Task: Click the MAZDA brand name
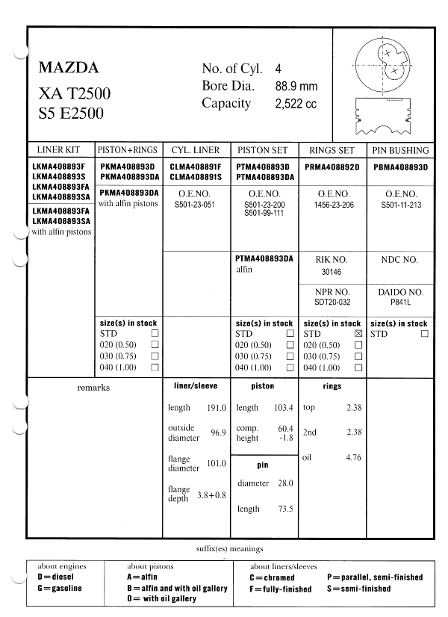[x=68, y=69]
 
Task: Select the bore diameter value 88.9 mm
[x=296, y=86]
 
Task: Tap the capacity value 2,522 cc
[x=296, y=104]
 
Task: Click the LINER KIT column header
[x=57, y=149]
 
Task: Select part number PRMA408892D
[x=332, y=167]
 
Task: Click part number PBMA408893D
[x=400, y=167]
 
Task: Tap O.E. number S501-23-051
[x=195, y=203]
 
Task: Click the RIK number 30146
[x=332, y=273]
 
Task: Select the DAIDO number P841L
[x=400, y=303]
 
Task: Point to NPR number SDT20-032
[x=332, y=303]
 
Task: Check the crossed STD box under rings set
[x=358, y=334]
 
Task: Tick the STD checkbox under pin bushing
[x=424, y=334]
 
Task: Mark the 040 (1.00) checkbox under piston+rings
[x=155, y=368]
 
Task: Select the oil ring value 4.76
[x=353, y=457]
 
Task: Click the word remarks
[x=93, y=388]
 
